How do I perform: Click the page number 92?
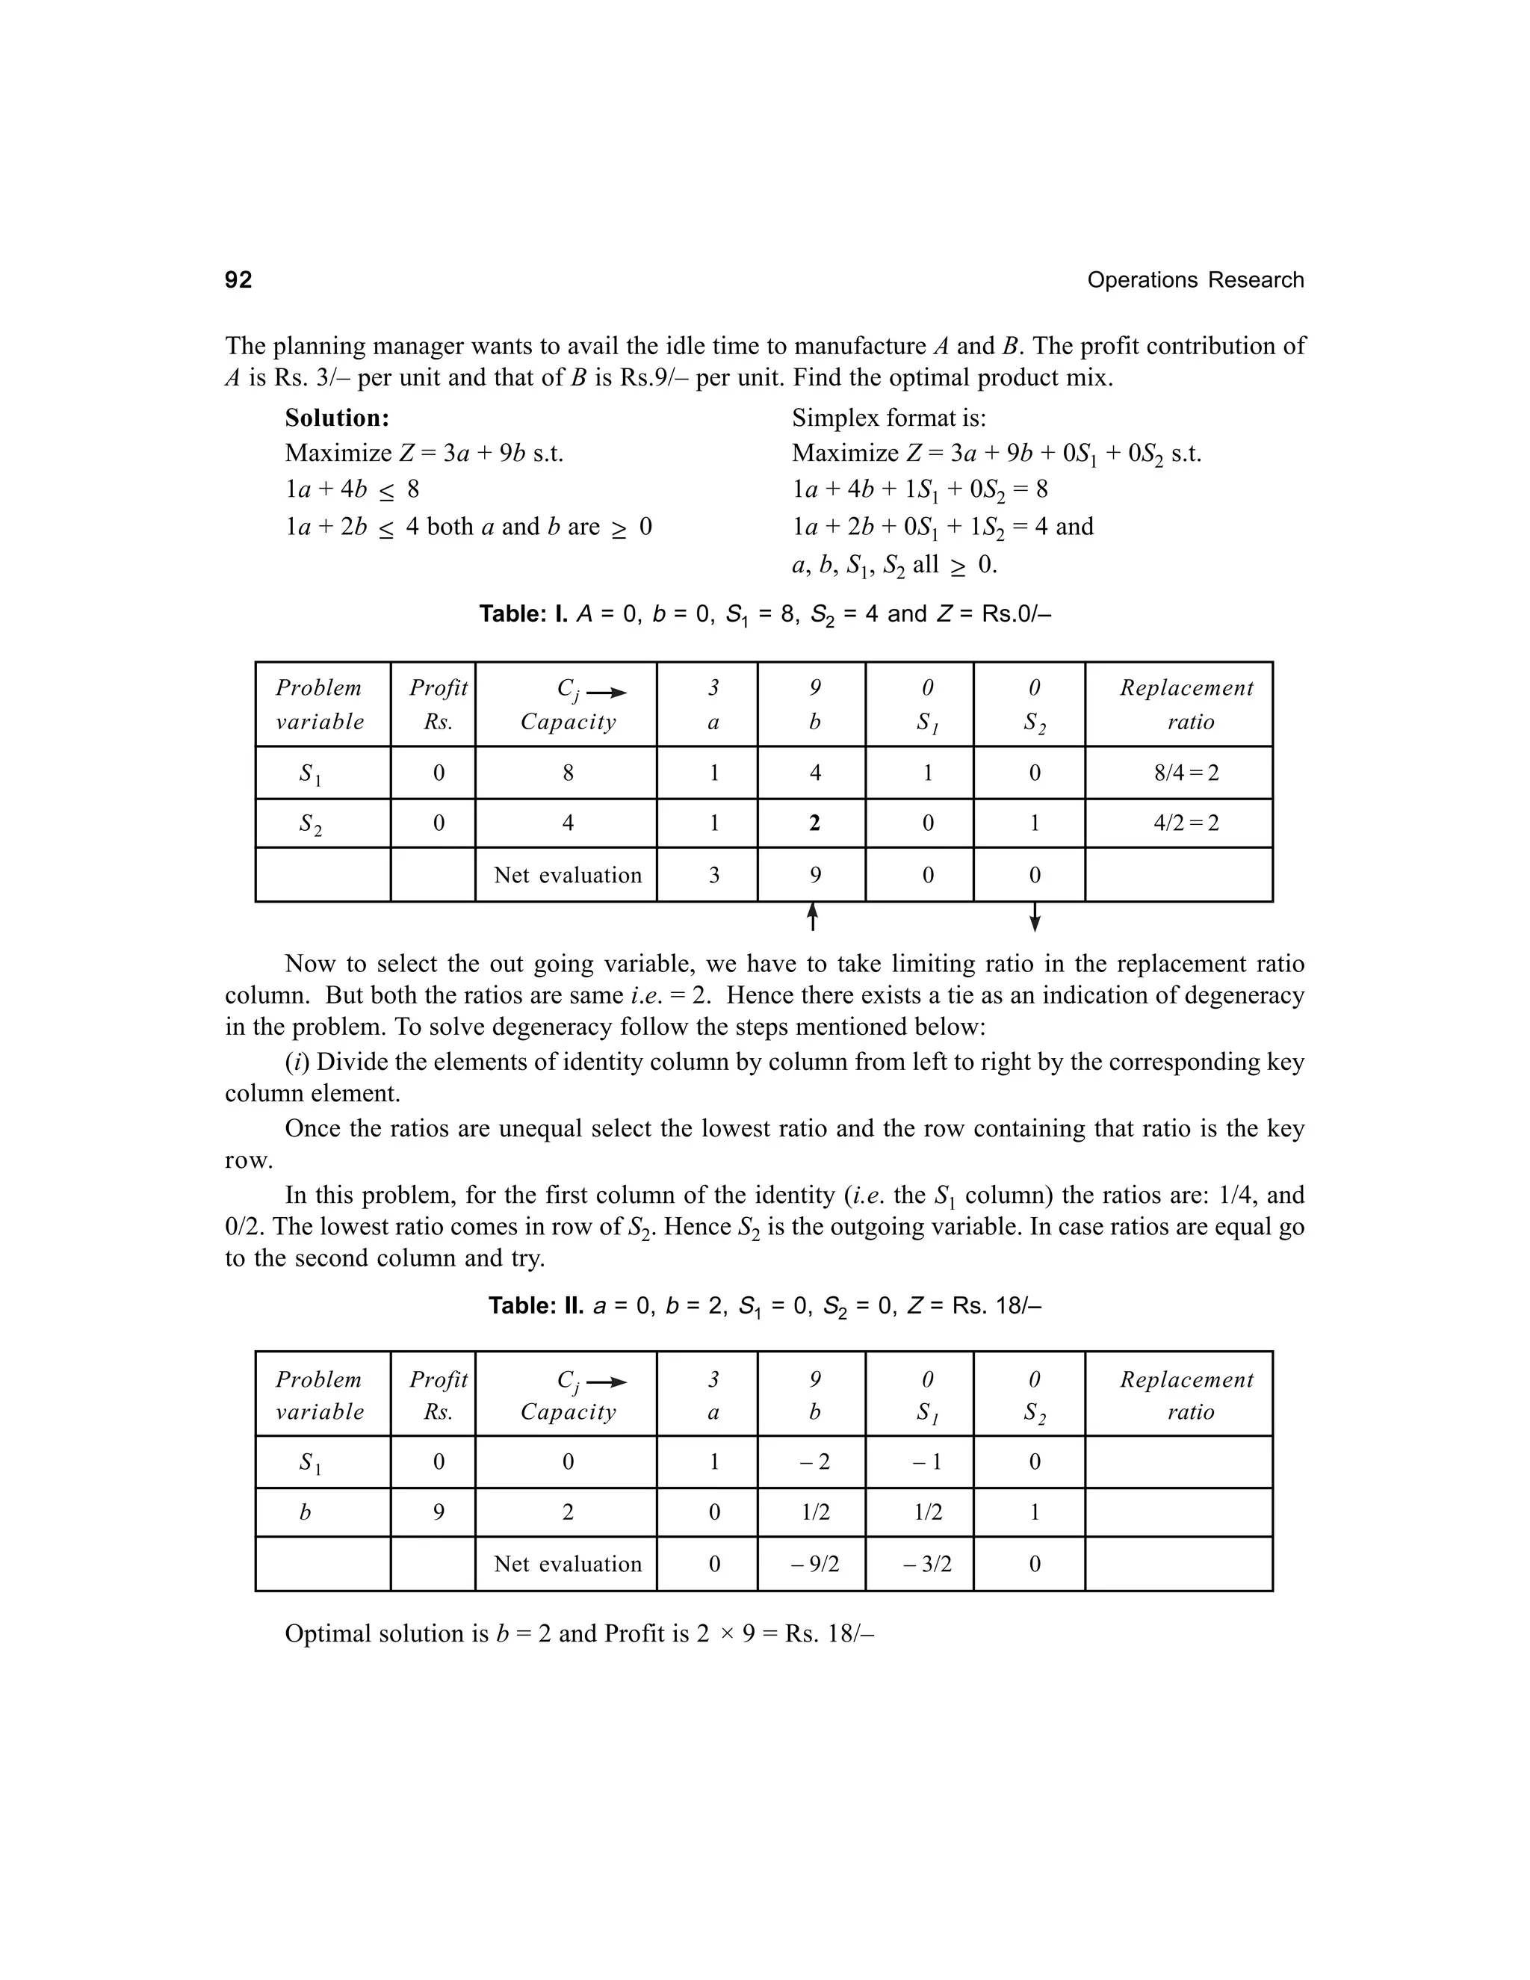coord(238,280)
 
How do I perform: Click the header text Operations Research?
coord(1195,280)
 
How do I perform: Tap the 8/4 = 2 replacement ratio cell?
coord(1186,773)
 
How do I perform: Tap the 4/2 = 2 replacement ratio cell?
coord(1186,823)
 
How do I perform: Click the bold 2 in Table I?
coord(814,823)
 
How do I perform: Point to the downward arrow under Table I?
coord(1035,918)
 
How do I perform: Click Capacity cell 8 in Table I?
coord(568,773)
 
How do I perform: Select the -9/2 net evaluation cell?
coord(814,1564)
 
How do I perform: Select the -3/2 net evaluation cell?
coord(926,1564)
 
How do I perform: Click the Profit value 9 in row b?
coord(438,1512)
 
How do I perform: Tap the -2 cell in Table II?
coord(814,1461)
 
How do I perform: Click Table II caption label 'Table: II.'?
coord(536,1305)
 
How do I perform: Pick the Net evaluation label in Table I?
coord(568,875)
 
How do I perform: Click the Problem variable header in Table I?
coord(319,705)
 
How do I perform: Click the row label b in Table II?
coord(306,1512)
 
